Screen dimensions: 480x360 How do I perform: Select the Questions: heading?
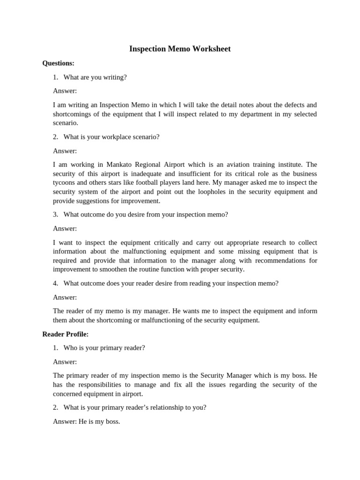coord(58,63)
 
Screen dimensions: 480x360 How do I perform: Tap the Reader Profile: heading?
coord(65,334)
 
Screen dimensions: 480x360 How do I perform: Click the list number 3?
coord(55,214)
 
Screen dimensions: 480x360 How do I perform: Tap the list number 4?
coord(55,283)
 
